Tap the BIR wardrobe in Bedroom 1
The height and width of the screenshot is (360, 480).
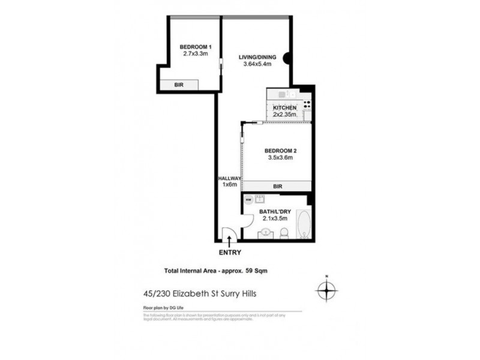click(178, 85)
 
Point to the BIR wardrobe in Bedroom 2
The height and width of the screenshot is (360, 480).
click(277, 187)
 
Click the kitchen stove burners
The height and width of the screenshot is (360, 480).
click(307, 104)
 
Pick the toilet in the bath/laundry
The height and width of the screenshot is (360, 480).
click(286, 233)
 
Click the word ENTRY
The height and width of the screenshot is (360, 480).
click(230, 253)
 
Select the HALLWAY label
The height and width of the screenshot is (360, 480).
click(229, 179)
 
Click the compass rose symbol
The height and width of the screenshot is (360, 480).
click(326, 290)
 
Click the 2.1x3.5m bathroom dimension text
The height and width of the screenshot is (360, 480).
click(274, 219)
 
